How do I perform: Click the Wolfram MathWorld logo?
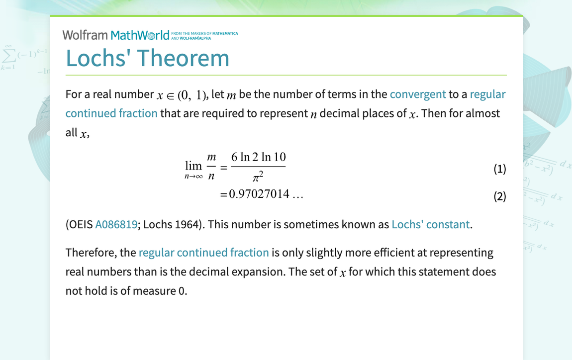click(116, 35)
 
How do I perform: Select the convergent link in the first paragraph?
click(418, 94)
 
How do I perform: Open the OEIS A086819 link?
click(116, 224)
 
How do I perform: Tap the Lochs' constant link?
click(430, 224)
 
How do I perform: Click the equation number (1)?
click(499, 169)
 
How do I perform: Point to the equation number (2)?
click(499, 196)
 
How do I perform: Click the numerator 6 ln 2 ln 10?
click(258, 157)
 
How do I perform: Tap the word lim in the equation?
click(193, 166)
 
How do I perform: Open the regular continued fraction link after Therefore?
click(203, 253)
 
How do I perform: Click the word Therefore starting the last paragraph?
click(92, 253)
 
